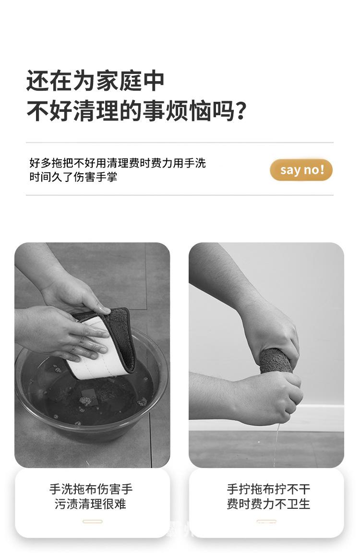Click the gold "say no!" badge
(301, 170)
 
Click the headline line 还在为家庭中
(95, 81)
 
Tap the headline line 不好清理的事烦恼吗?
(136, 111)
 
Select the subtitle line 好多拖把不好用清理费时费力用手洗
(118, 163)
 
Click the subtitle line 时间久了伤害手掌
(73, 177)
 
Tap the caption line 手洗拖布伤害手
(91, 489)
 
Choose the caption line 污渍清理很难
(91, 504)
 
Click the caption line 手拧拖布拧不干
(268, 489)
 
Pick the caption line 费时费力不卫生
(268, 504)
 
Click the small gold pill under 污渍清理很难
(92, 521)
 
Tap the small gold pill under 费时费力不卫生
(266, 521)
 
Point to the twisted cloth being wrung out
(276, 361)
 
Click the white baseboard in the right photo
(317, 418)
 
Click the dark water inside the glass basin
(88, 395)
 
